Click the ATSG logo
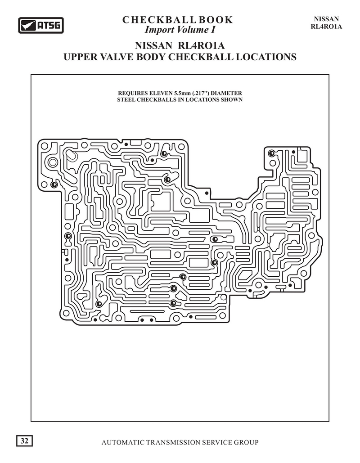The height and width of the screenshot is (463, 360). point(41,25)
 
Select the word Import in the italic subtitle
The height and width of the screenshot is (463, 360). point(157,30)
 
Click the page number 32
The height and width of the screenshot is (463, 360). point(24,441)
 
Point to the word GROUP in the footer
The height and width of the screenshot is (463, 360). point(246,442)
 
